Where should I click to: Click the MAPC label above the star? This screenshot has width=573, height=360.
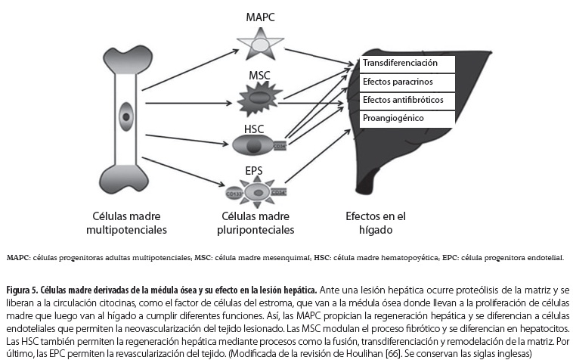pyautogui.click(x=259, y=17)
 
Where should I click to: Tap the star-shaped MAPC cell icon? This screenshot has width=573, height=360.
pyautogui.click(x=259, y=45)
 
